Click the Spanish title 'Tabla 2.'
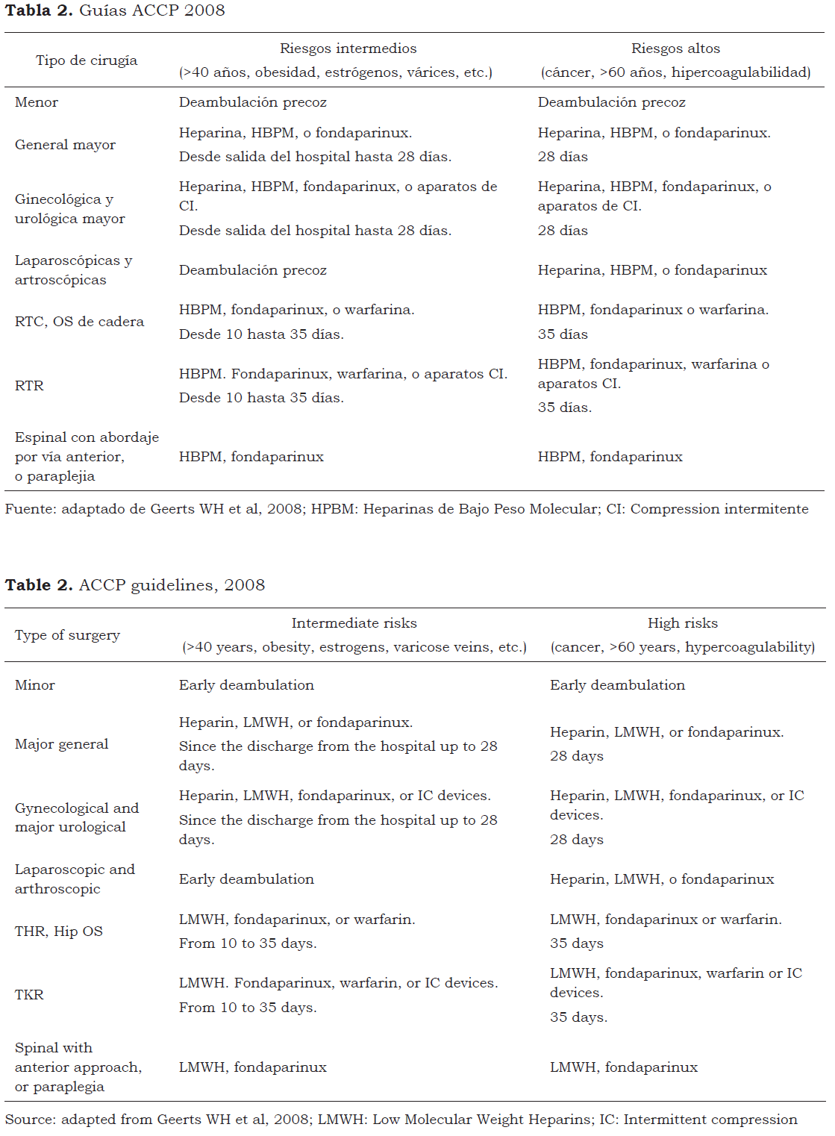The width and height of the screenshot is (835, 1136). (39, 10)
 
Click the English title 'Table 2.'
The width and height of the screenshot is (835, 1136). (39, 585)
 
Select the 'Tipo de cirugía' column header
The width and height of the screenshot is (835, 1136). (87, 60)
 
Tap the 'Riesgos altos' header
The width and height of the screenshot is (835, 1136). (675, 49)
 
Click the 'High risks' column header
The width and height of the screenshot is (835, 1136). (682, 623)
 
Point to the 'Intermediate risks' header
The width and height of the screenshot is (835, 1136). (354, 623)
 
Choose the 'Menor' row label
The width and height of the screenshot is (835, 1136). (37, 102)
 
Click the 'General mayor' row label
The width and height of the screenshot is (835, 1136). (65, 145)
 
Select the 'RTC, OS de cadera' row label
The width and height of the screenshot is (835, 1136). (79, 322)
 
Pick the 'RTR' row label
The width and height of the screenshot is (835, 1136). (29, 386)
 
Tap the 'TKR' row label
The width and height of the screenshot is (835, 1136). (29, 995)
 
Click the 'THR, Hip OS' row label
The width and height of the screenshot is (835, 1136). (59, 931)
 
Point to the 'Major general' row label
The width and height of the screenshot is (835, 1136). (61, 744)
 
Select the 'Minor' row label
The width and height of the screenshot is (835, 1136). (35, 685)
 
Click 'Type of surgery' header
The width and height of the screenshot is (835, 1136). (67, 635)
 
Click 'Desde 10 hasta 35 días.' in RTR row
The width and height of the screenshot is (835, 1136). (261, 398)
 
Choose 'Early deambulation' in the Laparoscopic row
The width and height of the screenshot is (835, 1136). (246, 879)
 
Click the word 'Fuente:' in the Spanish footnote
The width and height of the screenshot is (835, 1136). (31, 509)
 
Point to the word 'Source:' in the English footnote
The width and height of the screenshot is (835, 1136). (31, 1120)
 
